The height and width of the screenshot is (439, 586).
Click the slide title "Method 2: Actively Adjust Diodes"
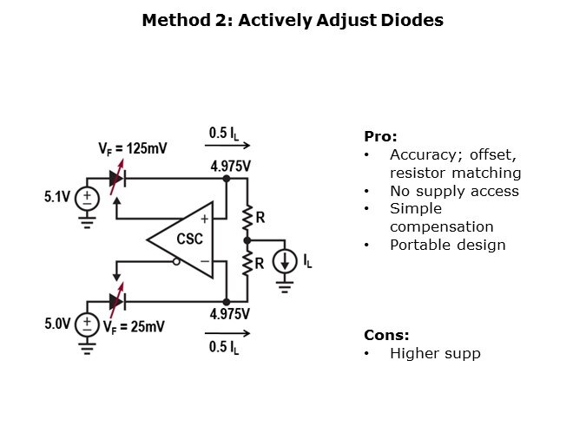pyautogui.click(x=293, y=20)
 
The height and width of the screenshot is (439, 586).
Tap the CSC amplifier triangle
pyautogui.click(x=185, y=239)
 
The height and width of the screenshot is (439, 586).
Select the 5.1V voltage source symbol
pyautogui.click(x=88, y=200)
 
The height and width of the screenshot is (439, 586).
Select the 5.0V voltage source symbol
pyautogui.click(x=88, y=324)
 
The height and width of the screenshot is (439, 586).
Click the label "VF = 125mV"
pyautogui.click(x=133, y=148)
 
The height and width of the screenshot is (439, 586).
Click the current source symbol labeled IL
pyautogui.click(x=285, y=261)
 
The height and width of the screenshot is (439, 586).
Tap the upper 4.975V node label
pyautogui.click(x=230, y=165)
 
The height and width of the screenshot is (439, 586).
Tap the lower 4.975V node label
pyautogui.click(x=230, y=314)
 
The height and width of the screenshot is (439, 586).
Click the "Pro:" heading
pyautogui.click(x=380, y=136)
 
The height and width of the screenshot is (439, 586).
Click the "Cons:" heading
pyautogui.click(x=386, y=335)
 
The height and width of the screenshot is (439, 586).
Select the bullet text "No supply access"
pyautogui.click(x=454, y=191)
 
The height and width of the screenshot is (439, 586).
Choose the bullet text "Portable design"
pyautogui.click(x=447, y=245)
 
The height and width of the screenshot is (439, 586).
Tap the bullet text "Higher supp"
pyautogui.click(x=435, y=353)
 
